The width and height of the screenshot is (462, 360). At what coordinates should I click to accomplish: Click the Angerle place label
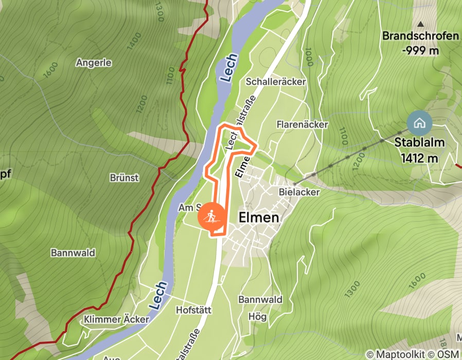pos(93,62)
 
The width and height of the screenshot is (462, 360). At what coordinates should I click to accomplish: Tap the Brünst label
pos(124,177)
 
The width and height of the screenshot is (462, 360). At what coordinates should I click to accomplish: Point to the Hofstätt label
pos(193,310)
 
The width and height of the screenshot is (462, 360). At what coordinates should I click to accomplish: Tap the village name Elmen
pos(259,218)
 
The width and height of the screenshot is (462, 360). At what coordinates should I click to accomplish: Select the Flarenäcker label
pos(302,124)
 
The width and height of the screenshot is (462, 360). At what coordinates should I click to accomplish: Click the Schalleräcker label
pos(276,82)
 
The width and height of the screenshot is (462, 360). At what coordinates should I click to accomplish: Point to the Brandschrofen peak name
pos(420,36)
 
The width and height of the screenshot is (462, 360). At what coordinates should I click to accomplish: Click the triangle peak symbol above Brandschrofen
pos(421,24)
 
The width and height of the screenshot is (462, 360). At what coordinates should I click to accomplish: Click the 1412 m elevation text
pos(420,158)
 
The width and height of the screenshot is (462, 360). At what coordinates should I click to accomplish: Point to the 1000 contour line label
pos(309,57)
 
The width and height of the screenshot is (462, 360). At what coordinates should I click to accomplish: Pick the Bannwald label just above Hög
pos(260,299)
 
